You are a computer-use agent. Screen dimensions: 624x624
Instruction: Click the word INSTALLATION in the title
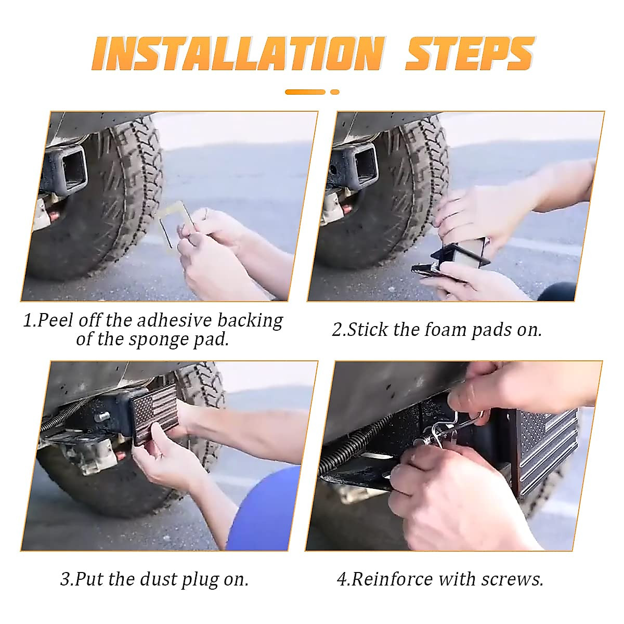point(239,54)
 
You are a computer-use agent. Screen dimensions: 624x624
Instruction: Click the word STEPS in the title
point(470,54)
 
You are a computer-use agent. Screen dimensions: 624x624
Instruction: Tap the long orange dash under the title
point(305,92)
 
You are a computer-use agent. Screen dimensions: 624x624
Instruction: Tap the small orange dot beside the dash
point(335,92)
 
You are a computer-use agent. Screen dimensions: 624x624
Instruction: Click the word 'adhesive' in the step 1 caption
point(175,320)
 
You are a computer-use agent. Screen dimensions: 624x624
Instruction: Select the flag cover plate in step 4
point(547,453)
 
